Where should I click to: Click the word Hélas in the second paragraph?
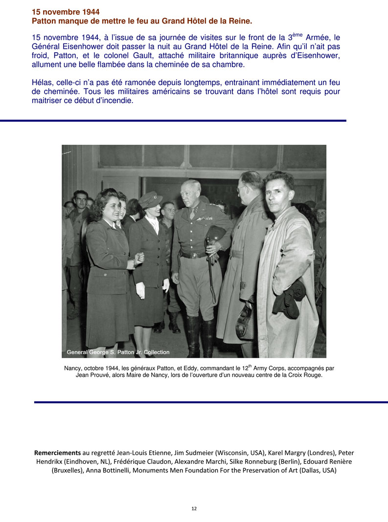(x=42, y=83)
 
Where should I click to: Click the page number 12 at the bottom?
(x=194, y=508)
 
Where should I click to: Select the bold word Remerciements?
(x=57, y=453)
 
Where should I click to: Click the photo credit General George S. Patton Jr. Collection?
(x=118, y=352)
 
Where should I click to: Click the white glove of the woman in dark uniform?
(x=140, y=290)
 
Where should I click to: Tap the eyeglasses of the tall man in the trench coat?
(x=242, y=188)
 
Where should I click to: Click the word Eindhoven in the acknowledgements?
(x=72, y=461)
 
